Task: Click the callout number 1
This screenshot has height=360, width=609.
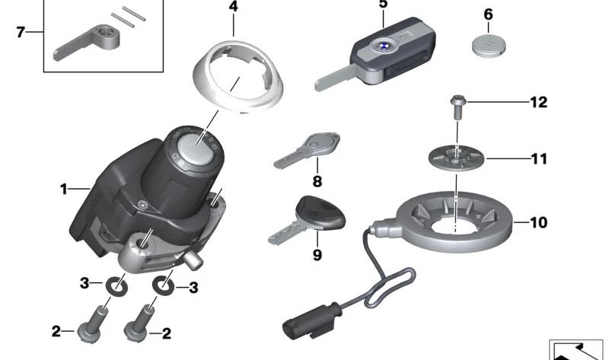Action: coord(64,188)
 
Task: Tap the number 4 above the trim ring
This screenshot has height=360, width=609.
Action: coord(233,7)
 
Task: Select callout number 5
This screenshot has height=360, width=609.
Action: coord(382,4)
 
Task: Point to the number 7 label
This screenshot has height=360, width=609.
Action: coord(21,33)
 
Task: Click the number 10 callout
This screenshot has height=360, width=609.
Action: coord(538,223)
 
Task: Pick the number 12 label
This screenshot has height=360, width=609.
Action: coord(538,102)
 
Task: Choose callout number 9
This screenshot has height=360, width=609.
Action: coord(317,255)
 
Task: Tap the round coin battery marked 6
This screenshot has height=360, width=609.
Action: coord(487,46)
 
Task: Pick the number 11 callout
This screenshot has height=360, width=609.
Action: coord(538,159)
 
